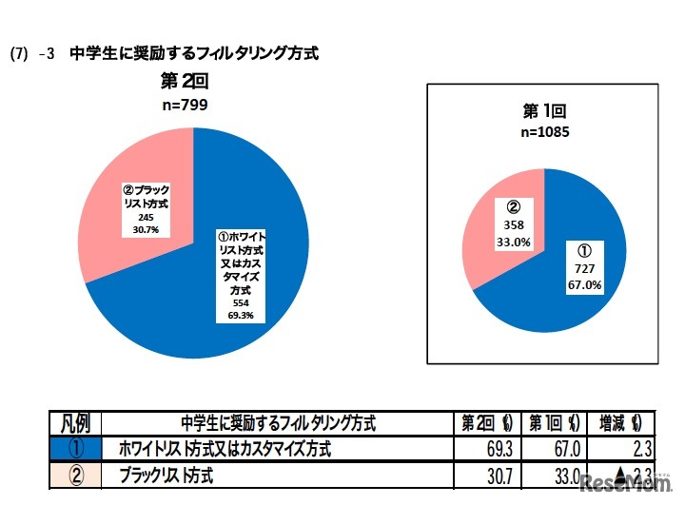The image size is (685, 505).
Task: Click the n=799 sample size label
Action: click(181, 105)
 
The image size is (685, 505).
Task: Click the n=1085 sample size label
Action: click(545, 132)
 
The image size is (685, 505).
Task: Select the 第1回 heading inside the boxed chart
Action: click(545, 111)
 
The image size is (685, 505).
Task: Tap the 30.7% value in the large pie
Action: click(146, 229)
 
